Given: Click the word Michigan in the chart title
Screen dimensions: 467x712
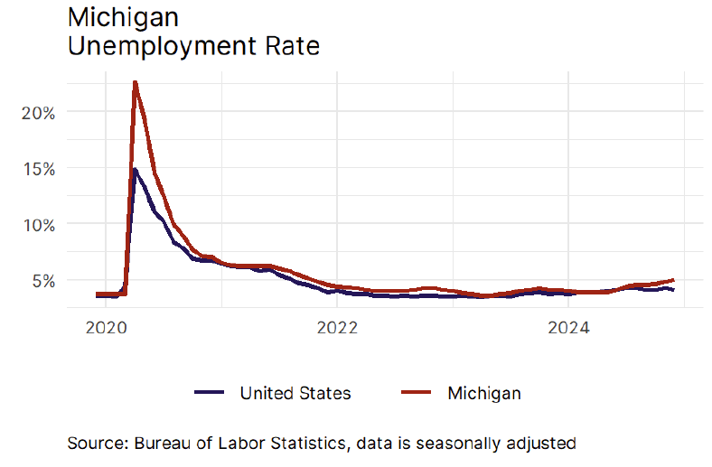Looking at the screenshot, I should point(123,17).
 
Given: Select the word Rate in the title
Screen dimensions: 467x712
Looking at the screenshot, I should point(291,45).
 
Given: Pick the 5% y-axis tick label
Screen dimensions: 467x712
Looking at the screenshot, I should point(43,280).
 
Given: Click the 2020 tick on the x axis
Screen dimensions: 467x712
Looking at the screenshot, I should point(105,327).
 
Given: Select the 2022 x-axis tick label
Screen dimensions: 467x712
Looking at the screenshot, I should point(336,327).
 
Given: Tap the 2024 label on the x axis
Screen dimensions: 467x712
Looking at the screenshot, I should point(567,327).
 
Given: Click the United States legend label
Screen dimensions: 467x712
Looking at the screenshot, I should point(295,393).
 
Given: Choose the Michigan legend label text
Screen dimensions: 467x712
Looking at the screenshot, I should point(484,393).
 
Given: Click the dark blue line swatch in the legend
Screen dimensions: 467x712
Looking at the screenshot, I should point(209,393).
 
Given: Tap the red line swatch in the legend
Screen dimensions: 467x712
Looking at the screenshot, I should point(417,393).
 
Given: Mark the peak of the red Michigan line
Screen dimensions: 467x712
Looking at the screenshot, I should point(135,82).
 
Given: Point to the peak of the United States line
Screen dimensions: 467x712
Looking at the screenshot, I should point(135,170).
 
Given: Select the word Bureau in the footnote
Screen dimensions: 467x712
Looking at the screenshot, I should point(163,444).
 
